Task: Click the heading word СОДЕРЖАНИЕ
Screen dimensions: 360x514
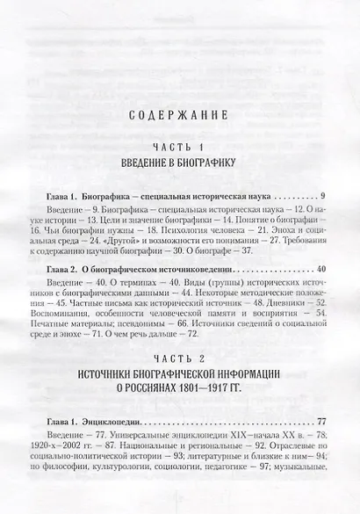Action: (x=179, y=114)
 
